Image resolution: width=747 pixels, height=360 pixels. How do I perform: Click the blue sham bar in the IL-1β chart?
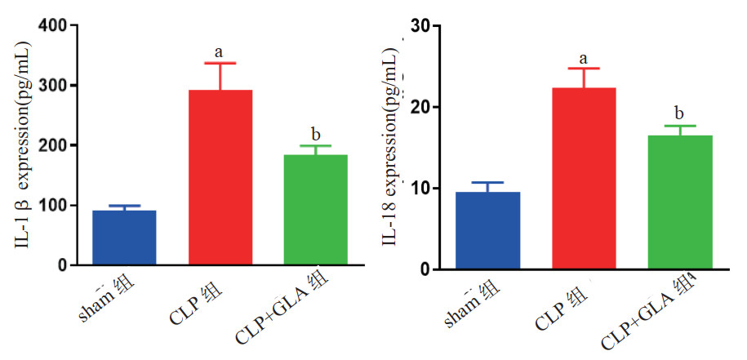coord(124,238)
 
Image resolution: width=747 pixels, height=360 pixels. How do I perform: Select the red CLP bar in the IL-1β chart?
coord(220,177)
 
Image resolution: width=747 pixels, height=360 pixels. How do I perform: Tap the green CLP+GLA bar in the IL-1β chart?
coord(316,210)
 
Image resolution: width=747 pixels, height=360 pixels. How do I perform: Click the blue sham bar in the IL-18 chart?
coord(487,230)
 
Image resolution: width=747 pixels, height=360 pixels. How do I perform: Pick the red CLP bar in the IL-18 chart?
coord(584,178)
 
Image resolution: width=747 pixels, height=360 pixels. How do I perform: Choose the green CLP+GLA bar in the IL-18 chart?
coord(680,202)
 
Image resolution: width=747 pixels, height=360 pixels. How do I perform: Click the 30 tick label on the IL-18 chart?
coord(420,25)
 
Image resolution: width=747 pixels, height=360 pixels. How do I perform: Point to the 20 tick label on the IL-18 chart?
coord(420,107)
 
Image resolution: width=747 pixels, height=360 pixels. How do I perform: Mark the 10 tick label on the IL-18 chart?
coord(420,189)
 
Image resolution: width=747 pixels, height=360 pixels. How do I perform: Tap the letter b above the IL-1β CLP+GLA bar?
coord(315,134)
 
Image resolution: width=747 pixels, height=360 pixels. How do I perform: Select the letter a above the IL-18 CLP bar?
coord(584,58)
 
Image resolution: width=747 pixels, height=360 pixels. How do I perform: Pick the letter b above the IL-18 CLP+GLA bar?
coord(679,113)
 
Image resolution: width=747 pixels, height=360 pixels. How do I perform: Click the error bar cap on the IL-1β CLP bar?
coord(220,63)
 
